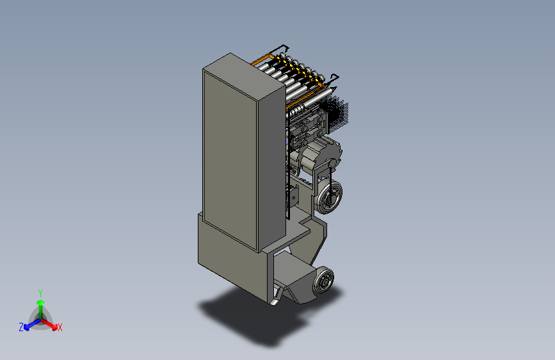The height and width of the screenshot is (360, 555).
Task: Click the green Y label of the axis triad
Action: [40, 293]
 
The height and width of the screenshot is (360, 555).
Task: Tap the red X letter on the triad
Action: [60, 327]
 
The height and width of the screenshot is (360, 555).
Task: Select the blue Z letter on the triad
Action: [21, 327]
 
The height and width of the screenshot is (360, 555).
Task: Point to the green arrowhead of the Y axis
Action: [41, 302]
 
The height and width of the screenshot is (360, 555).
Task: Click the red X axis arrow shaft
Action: [48, 322]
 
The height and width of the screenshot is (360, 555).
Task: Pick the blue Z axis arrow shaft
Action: [35, 323]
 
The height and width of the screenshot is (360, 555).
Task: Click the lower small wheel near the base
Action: [324, 281]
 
